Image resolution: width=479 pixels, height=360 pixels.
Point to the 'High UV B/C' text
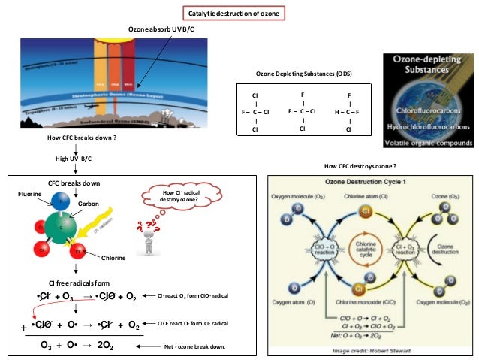click(77, 159)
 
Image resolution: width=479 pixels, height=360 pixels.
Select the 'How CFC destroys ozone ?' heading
click(359, 165)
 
